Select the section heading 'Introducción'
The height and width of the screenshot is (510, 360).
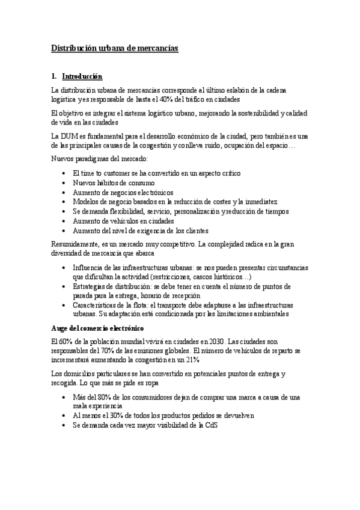(82, 77)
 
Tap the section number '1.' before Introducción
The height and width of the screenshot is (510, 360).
(55, 77)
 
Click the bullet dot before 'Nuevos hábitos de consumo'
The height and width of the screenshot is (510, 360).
(65, 183)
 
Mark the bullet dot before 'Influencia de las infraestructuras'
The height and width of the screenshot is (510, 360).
(65, 267)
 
